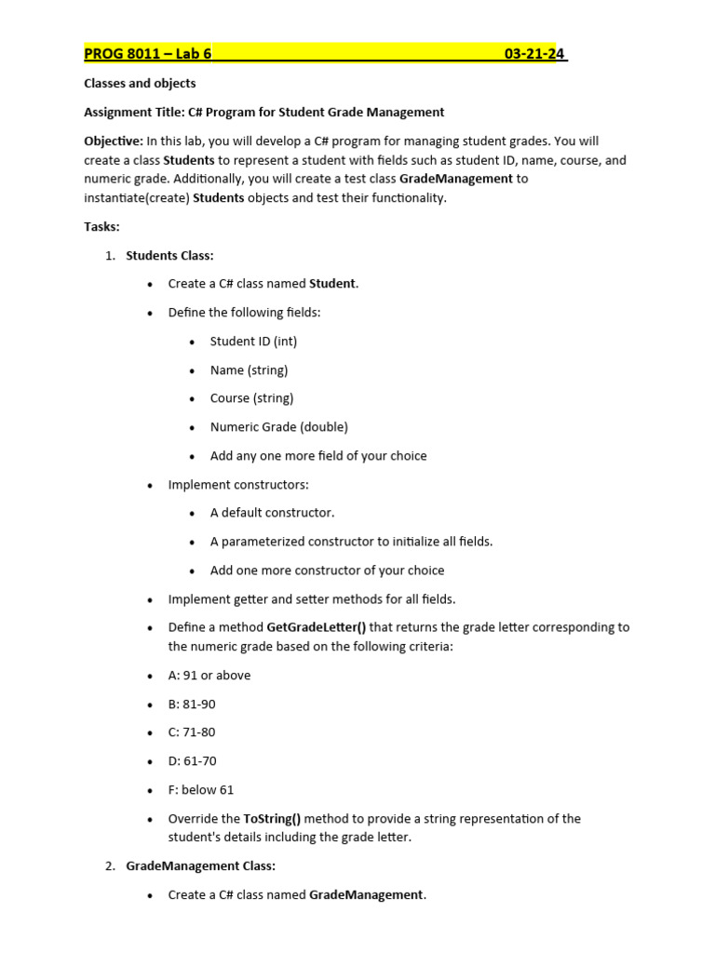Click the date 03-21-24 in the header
tap(534, 54)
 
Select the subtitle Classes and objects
tap(140, 84)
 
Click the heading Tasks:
tap(102, 227)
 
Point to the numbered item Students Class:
tap(169, 256)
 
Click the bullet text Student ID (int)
tap(253, 342)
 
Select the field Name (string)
tap(249, 370)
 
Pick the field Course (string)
tap(251, 398)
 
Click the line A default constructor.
tap(272, 513)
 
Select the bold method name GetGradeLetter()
tap(316, 627)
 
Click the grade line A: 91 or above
tap(209, 676)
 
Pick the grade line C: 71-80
tap(192, 732)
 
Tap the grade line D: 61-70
tap(192, 761)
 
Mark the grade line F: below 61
tap(200, 790)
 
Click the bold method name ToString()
tap(272, 819)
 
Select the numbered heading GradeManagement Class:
tap(200, 866)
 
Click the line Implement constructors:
tap(238, 485)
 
